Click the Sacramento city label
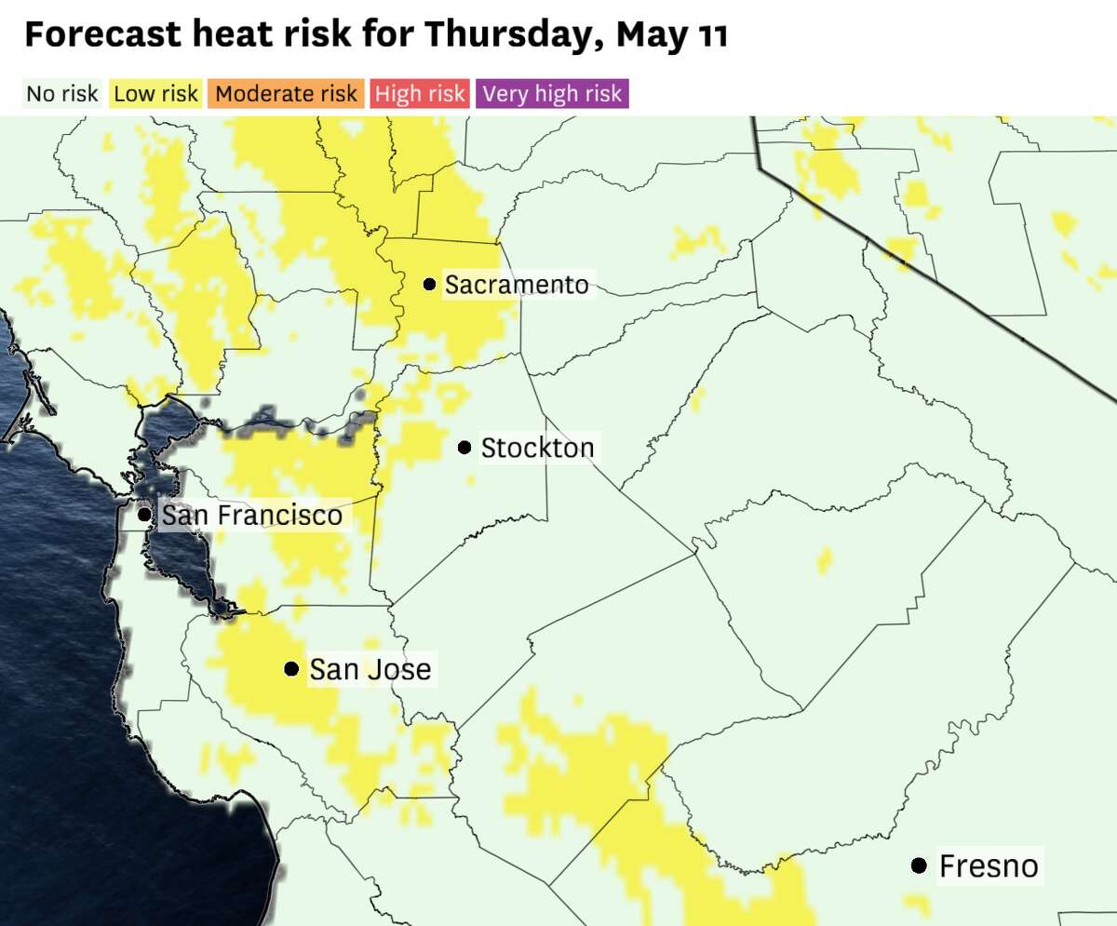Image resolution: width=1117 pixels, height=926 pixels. coord(517,285)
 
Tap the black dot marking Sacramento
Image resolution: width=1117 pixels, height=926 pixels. coord(429,284)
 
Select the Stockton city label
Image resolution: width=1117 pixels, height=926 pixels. coord(537,449)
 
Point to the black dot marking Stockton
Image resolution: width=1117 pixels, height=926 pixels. coord(464,448)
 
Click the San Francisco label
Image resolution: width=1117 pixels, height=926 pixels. coord(252,515)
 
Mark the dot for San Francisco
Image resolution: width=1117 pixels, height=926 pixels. coord(144,514)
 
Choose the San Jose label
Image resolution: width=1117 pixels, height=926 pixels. coord(370,669)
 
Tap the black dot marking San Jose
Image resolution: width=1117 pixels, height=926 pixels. coord(291,668)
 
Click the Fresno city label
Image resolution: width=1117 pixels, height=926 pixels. coord(989,866)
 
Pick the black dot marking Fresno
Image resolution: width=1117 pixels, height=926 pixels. coord(919,866)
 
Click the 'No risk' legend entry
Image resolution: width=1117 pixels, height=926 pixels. coord(62,94)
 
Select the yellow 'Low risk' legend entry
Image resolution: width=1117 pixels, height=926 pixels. coord(156,94)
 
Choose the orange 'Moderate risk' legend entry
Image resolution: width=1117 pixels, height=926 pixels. coord(287,94)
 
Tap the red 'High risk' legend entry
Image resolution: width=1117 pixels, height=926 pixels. coord(420,94)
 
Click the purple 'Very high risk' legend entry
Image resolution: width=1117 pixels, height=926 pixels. coord(553,94)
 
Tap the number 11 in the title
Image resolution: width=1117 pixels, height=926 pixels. coord(710,35)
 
